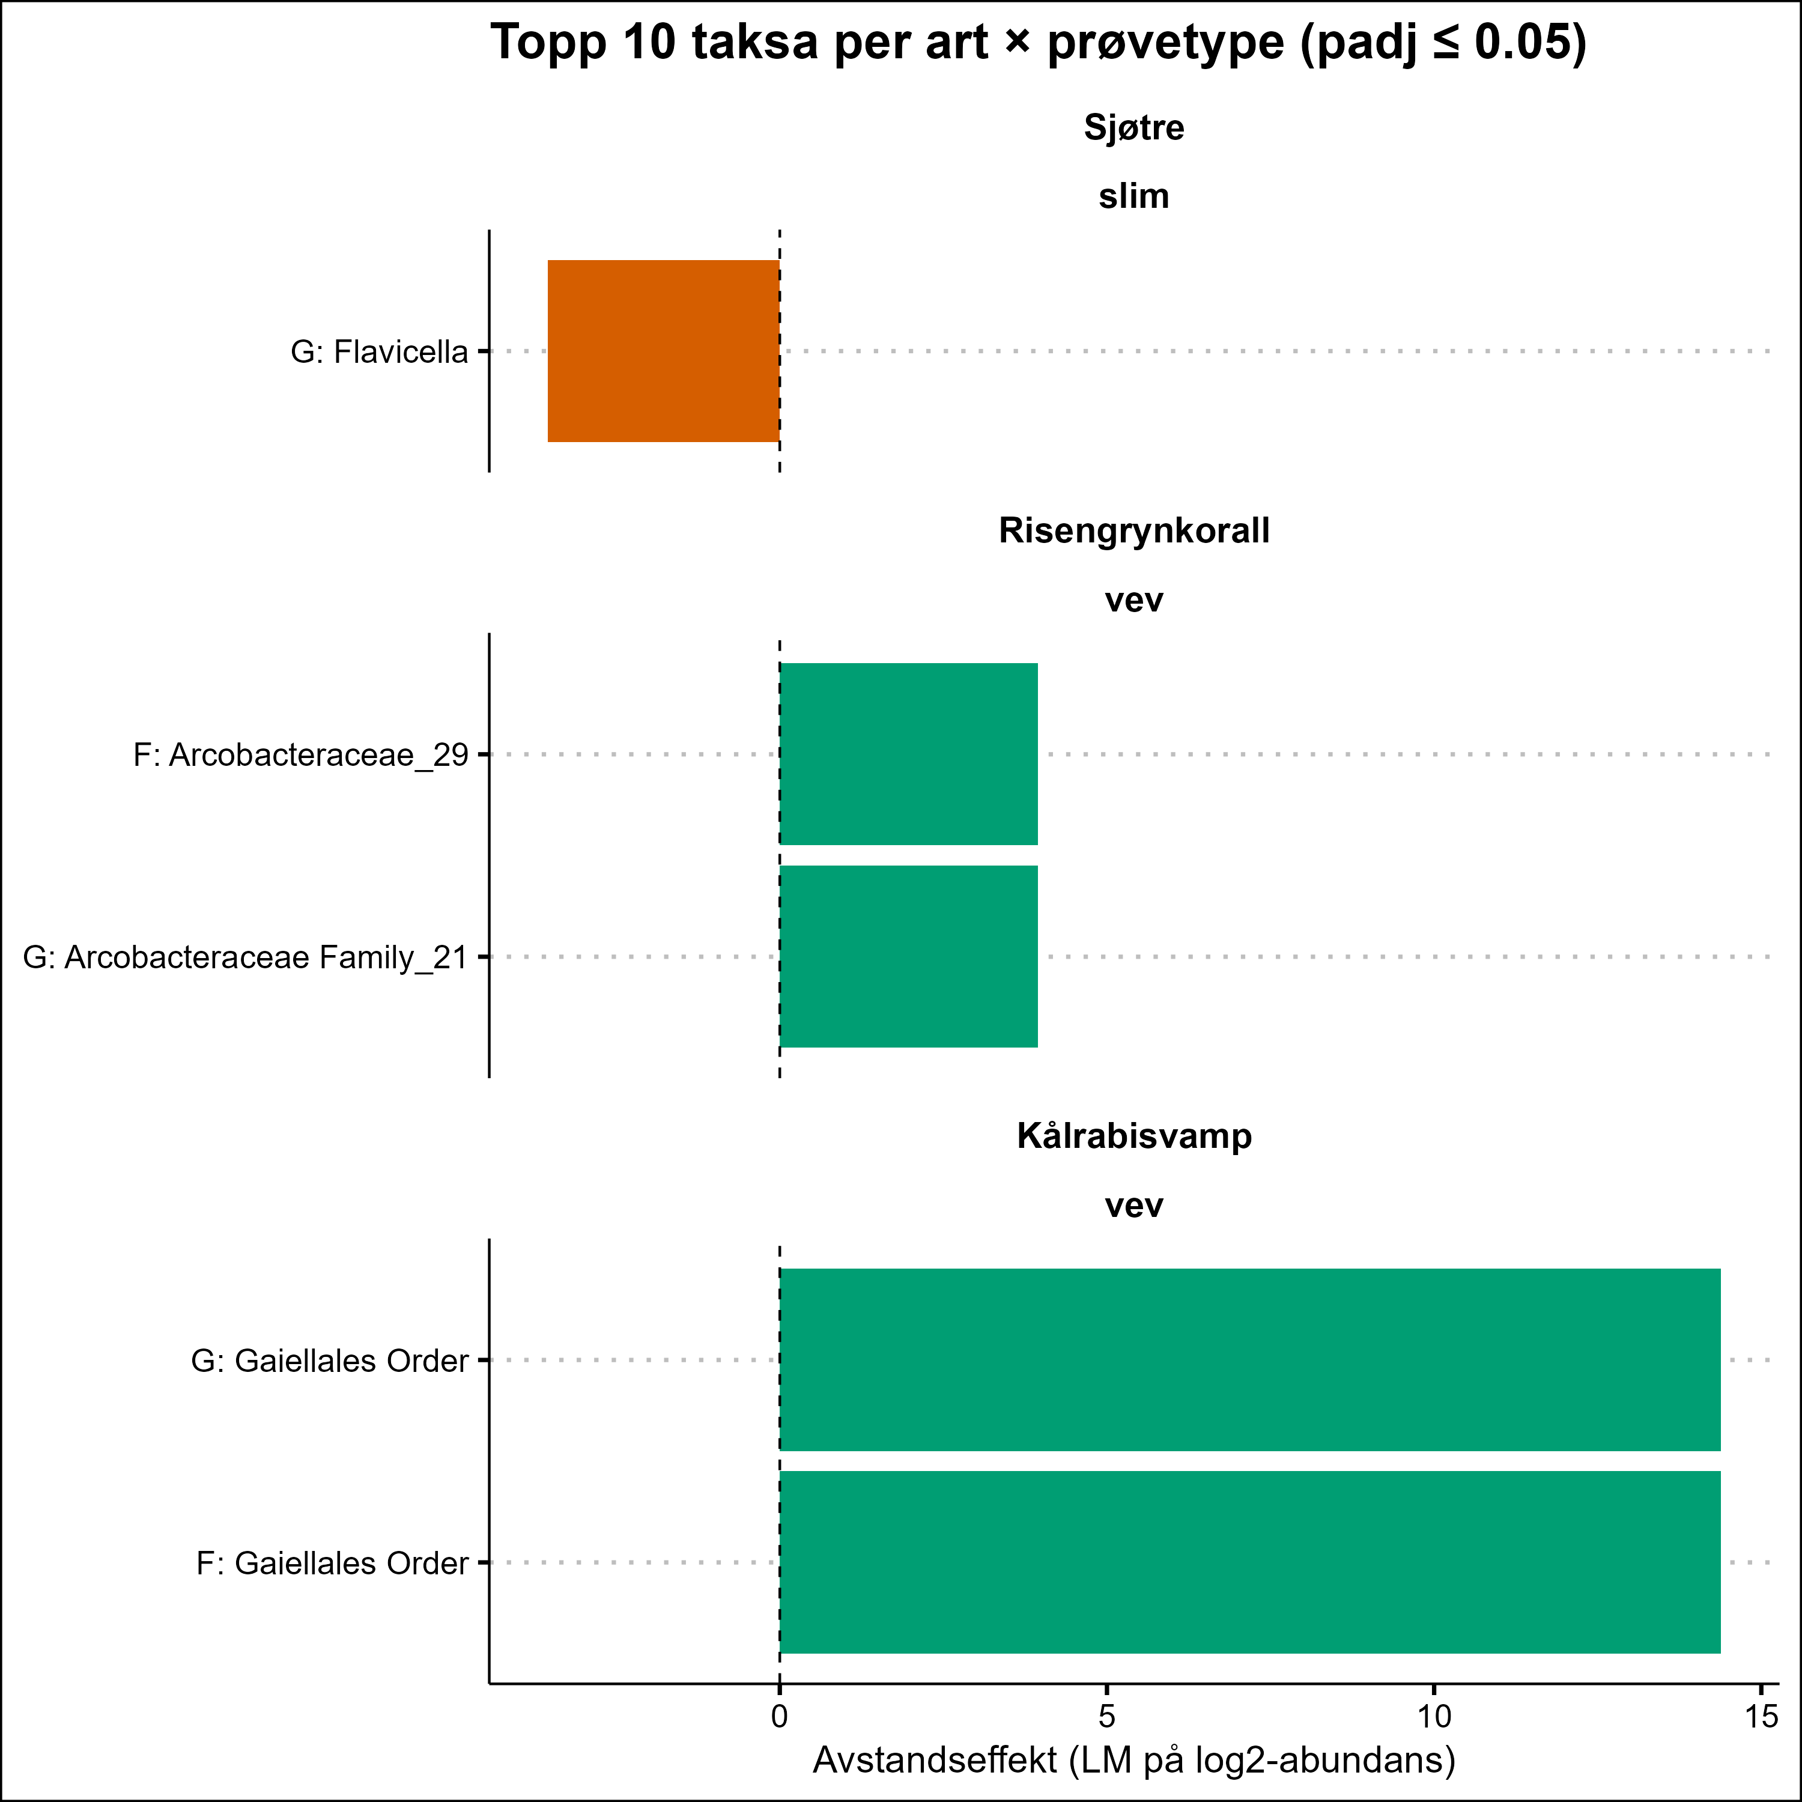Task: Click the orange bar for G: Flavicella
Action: (663, 351)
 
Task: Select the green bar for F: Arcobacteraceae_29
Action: (908, 754)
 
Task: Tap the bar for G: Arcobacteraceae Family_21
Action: (908, 956)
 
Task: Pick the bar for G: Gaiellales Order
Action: (1250, 1360)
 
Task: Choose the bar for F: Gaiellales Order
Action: (1250, 1562)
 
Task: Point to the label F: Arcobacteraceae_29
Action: (300, 754)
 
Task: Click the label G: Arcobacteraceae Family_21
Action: (244, 957)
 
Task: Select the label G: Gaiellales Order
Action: (329, 1361)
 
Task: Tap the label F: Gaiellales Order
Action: (332, 1563)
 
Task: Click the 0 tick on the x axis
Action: (780, 1716)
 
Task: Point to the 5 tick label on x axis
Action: (1106, 1716)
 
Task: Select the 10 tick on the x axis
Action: (1434, 1716)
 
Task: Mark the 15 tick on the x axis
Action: (1761, 1716)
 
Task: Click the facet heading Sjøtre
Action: (1133, 128)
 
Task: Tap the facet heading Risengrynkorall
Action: (1133, 531)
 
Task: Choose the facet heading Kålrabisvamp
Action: (1133, 1136)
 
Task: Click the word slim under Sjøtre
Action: (1133, 197)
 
